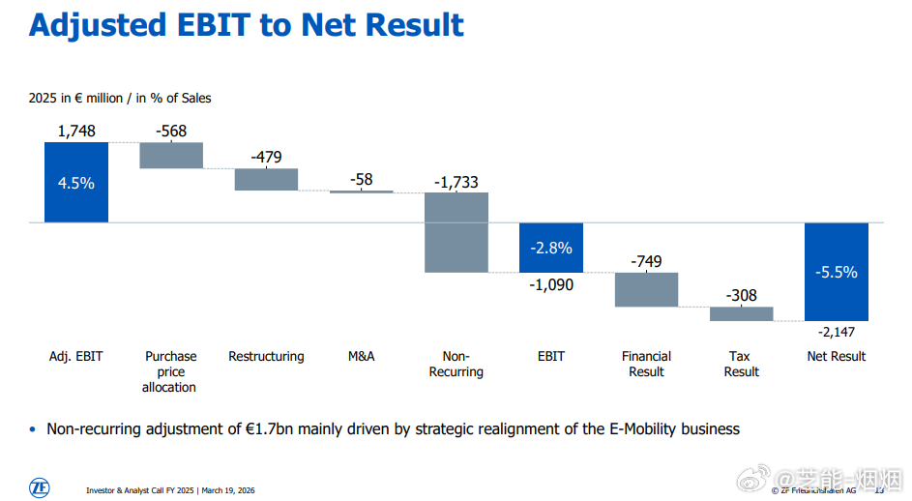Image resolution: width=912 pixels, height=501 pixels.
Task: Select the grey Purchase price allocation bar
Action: click(171, 156)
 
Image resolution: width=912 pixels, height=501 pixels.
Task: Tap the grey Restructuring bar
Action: click(266, 179)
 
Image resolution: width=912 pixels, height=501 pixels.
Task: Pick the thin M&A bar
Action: click(361, 192)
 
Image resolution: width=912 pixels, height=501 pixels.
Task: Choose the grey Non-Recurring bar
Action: click(456, 232)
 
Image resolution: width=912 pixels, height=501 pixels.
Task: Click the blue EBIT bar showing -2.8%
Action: click(551, 247)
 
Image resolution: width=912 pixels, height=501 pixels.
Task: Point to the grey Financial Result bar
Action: click(646, 289)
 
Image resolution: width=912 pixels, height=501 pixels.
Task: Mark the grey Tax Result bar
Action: click(741, 313)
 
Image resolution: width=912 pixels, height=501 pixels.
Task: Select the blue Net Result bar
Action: click(836, 272)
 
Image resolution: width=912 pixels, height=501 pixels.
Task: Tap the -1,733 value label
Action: click(456, 182)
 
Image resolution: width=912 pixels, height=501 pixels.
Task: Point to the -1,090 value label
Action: click(551, 284)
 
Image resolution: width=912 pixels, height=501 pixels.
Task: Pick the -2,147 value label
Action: click(837, 333)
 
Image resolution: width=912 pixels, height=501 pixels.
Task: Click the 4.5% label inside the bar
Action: click(76, 183)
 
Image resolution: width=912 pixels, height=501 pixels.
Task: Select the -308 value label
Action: click(741, 296)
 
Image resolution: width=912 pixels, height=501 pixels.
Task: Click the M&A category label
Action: click(361, 356)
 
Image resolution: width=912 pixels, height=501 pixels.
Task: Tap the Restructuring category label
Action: click(266, 356)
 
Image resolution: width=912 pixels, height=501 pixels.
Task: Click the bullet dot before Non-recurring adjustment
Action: click(32, 428)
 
